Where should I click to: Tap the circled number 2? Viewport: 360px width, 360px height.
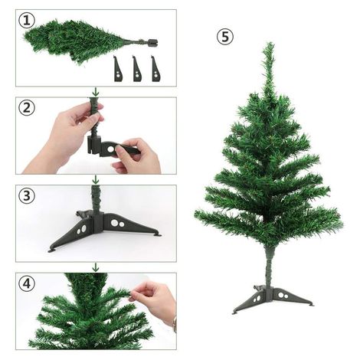[28, 108]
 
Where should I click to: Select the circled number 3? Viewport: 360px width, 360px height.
[28, 195]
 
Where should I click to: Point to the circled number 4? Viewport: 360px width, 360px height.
[28, 283]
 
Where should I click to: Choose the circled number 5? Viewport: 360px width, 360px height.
[224, 37]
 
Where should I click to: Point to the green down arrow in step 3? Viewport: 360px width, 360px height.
[95, 180]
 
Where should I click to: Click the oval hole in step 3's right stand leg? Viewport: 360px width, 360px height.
[115, 223]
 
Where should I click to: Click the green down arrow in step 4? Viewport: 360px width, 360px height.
[95, 267]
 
